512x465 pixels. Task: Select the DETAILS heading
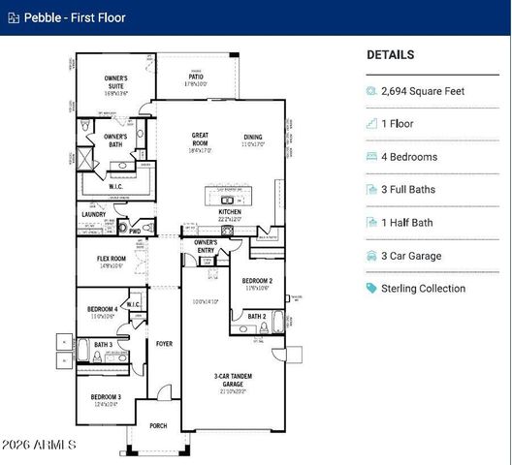[390, 55]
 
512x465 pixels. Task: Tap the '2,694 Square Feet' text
[423, 91]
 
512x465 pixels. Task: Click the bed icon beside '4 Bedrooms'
[371, 157]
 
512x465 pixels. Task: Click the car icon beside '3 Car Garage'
[371, 256]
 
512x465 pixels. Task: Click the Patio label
[197, 78]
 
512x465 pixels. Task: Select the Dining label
[253, 137]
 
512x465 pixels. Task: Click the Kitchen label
[230, 212]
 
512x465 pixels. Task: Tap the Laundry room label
[93, 215]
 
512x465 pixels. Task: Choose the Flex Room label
[112, 259]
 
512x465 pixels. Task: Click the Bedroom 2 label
[257, 281]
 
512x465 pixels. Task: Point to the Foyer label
[164, 343]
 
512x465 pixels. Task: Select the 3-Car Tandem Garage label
[230, 380]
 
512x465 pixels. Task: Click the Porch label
[158, 425]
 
